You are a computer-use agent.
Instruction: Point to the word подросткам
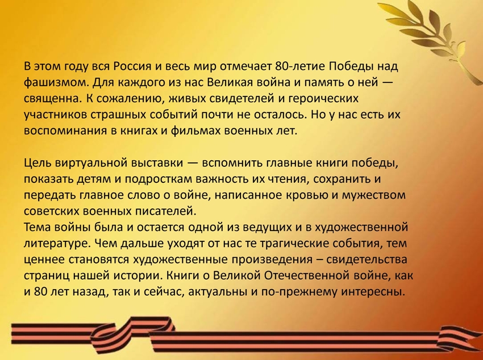click(158, 179)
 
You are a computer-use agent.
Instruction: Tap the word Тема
click(37, 227)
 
